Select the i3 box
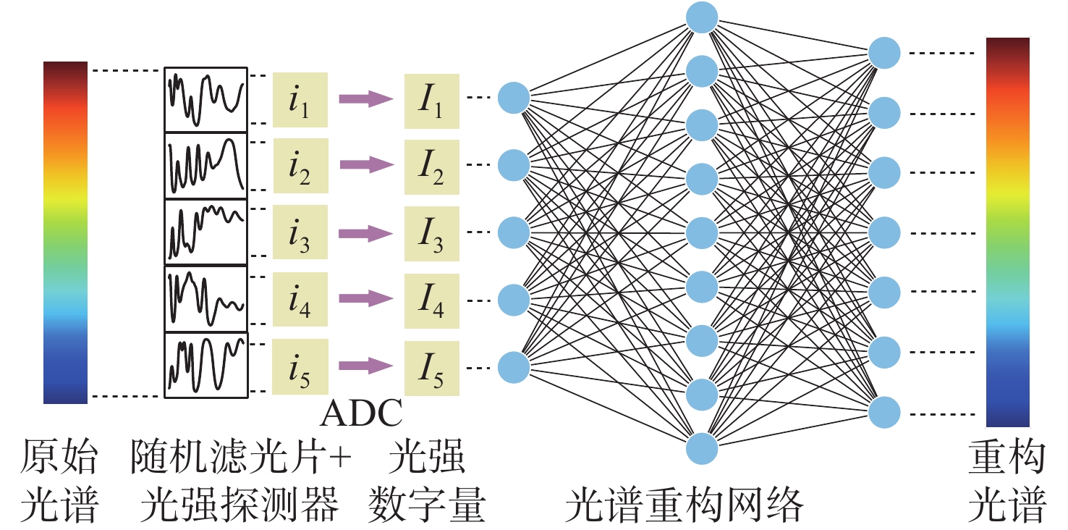300,232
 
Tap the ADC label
360,415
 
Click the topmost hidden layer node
701,17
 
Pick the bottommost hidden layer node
701,448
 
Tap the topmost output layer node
884,53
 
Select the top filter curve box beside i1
205,100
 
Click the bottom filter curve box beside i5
207,365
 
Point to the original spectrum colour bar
65,232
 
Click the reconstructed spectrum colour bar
1007,232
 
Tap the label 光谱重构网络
683,503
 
